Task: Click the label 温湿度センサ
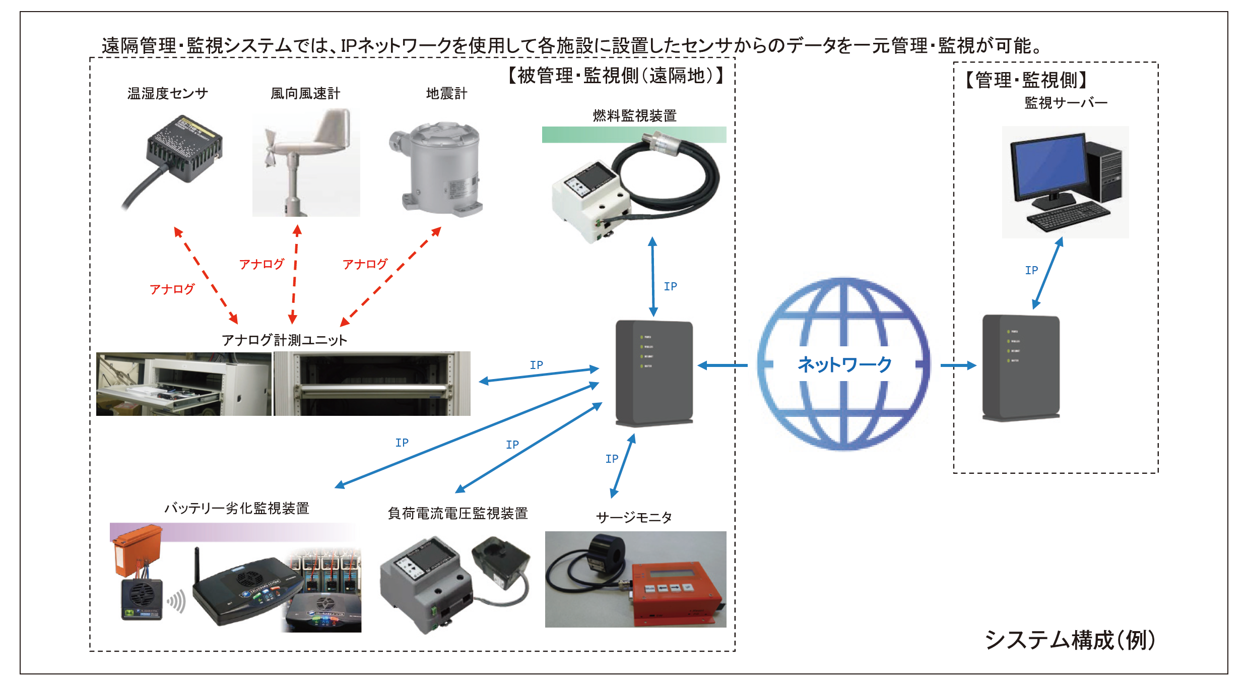(167, 94)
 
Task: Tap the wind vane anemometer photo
(306, 162)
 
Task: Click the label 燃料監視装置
(634, 116)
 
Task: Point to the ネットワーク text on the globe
(844, 364)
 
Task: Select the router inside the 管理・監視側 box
(1021, 367)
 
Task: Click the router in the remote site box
(654, 373)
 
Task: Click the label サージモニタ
(634, 518)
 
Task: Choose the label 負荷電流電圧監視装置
(457, 514)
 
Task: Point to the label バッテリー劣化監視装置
(237, 508)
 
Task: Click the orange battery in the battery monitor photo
(136, 549)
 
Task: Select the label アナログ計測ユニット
(284, 340)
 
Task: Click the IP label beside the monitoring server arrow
(1031, 271)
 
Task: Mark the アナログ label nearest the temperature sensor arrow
(172, 289)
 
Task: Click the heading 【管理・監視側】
(1026, 80)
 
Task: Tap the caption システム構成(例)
(1070, 640)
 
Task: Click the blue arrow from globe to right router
(958, 365)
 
